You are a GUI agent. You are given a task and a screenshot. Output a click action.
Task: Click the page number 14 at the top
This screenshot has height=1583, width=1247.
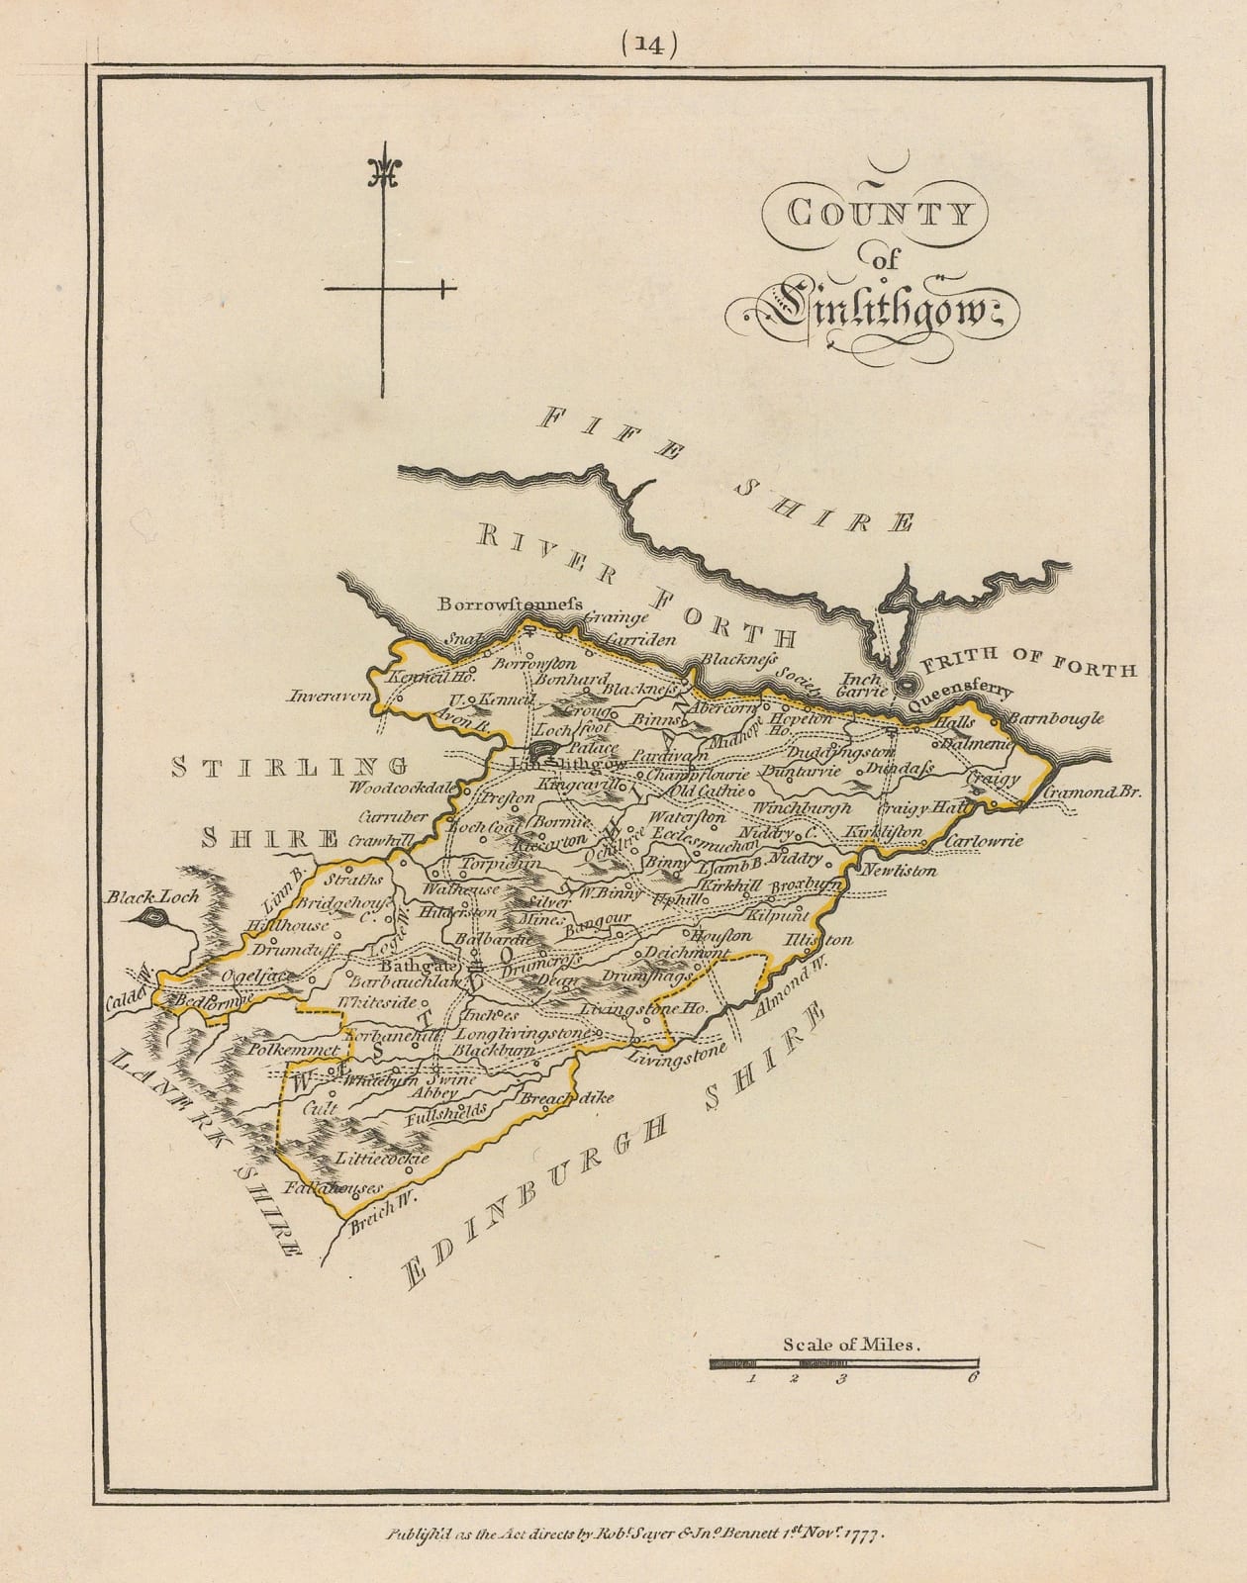(x=648, y=44)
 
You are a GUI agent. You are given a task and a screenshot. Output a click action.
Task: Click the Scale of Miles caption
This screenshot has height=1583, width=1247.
(x=852, y=1345)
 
